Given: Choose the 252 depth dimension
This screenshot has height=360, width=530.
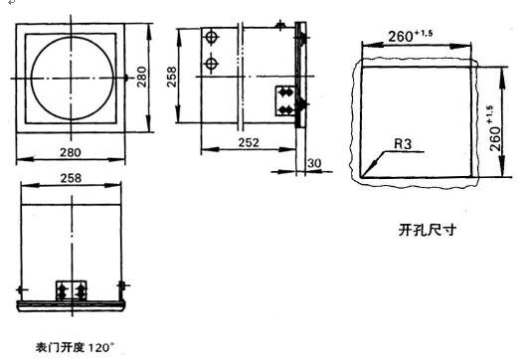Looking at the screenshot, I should (x=249, y=143).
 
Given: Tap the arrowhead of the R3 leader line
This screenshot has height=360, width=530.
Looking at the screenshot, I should (x=366, y=175).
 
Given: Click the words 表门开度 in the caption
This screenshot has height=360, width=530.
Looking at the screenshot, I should (x=59, y=348).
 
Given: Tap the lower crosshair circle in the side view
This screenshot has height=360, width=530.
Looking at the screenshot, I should (x=211, y=65).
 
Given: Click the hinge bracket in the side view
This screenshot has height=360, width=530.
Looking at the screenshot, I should (x=285, y=102).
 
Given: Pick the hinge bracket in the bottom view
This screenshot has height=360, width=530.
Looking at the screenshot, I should (x=72, y=287).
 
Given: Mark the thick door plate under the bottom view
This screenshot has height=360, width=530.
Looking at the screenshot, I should (x=72, y=301).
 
